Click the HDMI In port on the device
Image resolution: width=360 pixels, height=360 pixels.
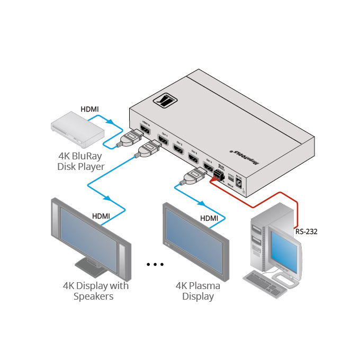pos(144,130)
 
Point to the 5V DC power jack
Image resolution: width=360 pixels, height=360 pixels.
pos(239,183)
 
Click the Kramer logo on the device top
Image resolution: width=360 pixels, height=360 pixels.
pos(166,100)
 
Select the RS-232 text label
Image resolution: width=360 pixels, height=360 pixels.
pos(307,231)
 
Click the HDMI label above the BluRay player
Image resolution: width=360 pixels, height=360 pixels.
pos(89,109)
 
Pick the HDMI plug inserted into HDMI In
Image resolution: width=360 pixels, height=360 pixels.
pos(130,139)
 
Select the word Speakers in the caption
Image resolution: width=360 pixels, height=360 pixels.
pos(94,296)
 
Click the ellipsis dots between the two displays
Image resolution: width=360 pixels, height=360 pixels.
pos(155,264)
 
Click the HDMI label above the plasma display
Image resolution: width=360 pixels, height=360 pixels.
pos(209,218)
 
